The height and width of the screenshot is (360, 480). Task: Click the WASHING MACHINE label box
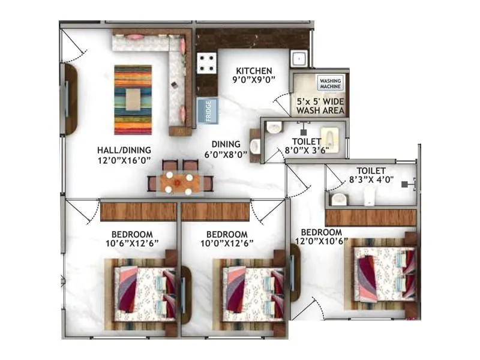tap(329, 83)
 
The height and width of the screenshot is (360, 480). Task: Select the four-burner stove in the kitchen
tap(207, 62)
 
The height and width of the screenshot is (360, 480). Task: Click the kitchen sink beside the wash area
tap(298, 59)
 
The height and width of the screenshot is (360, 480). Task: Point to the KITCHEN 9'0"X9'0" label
tap(254, 74)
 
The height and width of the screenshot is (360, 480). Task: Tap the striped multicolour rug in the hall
tap(133, 100)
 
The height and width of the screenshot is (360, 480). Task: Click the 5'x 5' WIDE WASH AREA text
tap(320, 106)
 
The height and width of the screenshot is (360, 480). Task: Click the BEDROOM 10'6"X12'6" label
tap(131, 238)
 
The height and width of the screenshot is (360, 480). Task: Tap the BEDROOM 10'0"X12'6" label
tap(226, 238)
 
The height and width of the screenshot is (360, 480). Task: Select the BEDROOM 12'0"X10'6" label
tap(322, 237)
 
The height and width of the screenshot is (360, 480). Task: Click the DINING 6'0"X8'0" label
tap(226, 149)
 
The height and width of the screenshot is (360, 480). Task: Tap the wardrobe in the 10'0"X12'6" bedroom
tap(215, 211)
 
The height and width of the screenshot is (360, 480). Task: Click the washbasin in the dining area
tap(255, 146)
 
